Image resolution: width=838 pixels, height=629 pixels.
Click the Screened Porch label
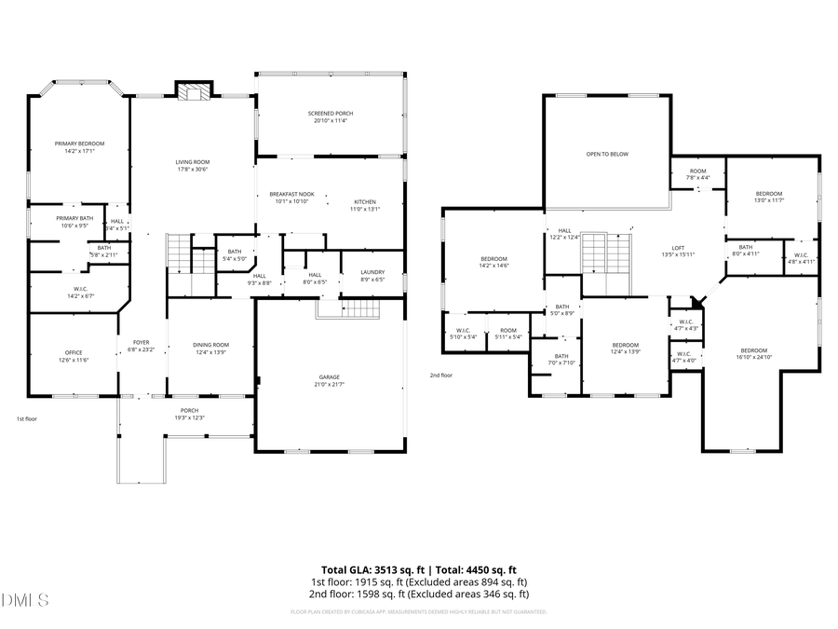[331, 113]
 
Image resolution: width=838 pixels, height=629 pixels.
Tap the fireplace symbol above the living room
[194, 91]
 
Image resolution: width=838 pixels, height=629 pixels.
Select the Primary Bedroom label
[79, 144]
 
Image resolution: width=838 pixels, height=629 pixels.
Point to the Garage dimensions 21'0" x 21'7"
[330, 384]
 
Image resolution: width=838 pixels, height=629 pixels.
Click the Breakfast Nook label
[291, 194]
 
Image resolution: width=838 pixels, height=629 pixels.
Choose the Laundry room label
[372, 273]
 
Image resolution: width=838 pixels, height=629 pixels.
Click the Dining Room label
[210, 345]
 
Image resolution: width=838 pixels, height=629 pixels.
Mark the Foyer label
[141, 343]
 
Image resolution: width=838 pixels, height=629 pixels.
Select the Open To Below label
[606, 154]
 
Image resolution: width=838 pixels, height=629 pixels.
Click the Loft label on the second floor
[666, 248]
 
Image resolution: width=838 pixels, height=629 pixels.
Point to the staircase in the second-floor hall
[606, 254]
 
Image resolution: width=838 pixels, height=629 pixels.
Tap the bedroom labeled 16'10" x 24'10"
[753, 349]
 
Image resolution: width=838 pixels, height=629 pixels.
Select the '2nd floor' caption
[440, 375]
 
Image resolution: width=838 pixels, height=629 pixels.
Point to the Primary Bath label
[74, 218]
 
